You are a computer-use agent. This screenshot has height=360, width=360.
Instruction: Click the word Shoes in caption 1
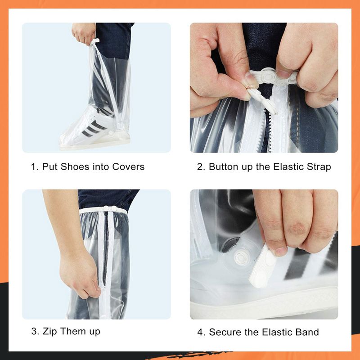click(x=75, y=167)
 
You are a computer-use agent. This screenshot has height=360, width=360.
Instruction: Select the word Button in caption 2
click(x=223, y=167)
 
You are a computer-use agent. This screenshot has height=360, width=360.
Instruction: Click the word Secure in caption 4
click(x=224, y=333)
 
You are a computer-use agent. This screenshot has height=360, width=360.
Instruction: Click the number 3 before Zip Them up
click(x=34, y=332)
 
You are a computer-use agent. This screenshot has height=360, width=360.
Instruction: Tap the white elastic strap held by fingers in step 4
click(x=265, y=265)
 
